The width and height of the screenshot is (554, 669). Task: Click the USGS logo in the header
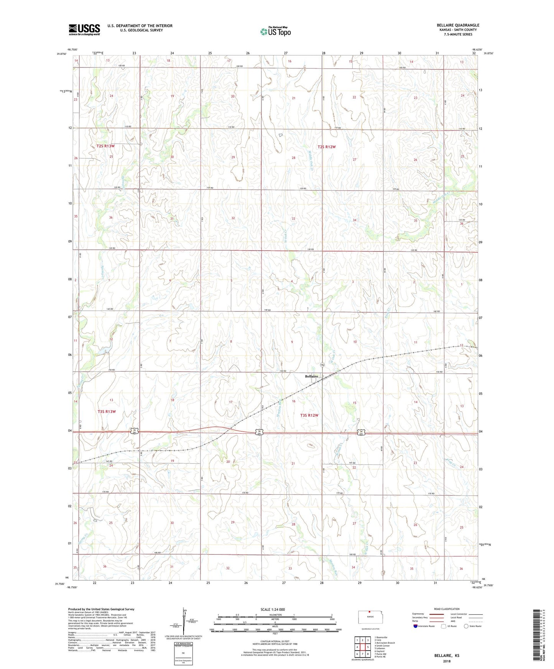pos(84,30)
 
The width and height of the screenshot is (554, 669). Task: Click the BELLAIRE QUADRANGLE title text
pos(458,25)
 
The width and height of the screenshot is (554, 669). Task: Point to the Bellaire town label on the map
pos(311,376)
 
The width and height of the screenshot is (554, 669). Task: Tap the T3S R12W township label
pos(309,415)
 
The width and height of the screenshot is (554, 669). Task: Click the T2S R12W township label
pos(326,147)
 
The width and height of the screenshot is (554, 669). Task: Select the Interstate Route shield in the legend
pos(416,626)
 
